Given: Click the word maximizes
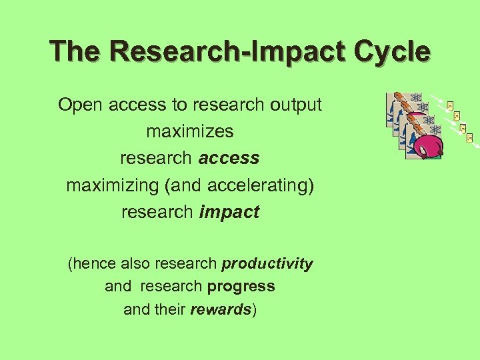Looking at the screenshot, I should click(x=190, y=131).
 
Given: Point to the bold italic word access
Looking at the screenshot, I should click(x=229, y=158).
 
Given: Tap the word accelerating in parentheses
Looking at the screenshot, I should click(x=259, y=185).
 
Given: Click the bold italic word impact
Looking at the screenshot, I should click(x=229, y=212).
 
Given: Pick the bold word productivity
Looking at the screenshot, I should click(x=267, y=264).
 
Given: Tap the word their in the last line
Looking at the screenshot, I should click(x=171, y=309).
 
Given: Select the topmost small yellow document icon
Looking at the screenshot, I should click(x=450, y=105).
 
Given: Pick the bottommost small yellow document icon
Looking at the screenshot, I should click(x=469, y=137).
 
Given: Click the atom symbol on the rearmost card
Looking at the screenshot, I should click(x=417, y=98).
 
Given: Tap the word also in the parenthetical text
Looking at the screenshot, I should click(x=135, y=264).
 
